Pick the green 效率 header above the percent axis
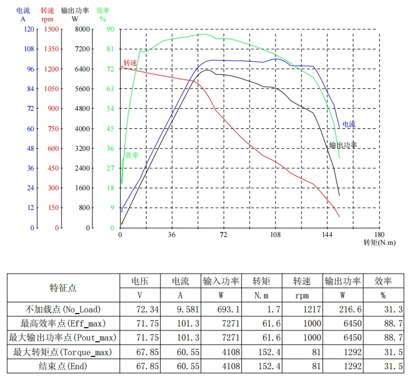pyautogui.click(x=103, y=10)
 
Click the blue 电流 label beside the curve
pyautogui.click(x=349, y=124)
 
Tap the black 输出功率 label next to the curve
pyautogui.click(x=343, y=145)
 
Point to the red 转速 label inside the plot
pyautogui.click(x=130, y=62)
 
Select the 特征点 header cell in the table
pyautogui.click(x=63, y=288)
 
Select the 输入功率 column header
pyautogui.click(x=221, y=280)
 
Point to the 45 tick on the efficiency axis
pyautogui.click(x=110, y=128)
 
